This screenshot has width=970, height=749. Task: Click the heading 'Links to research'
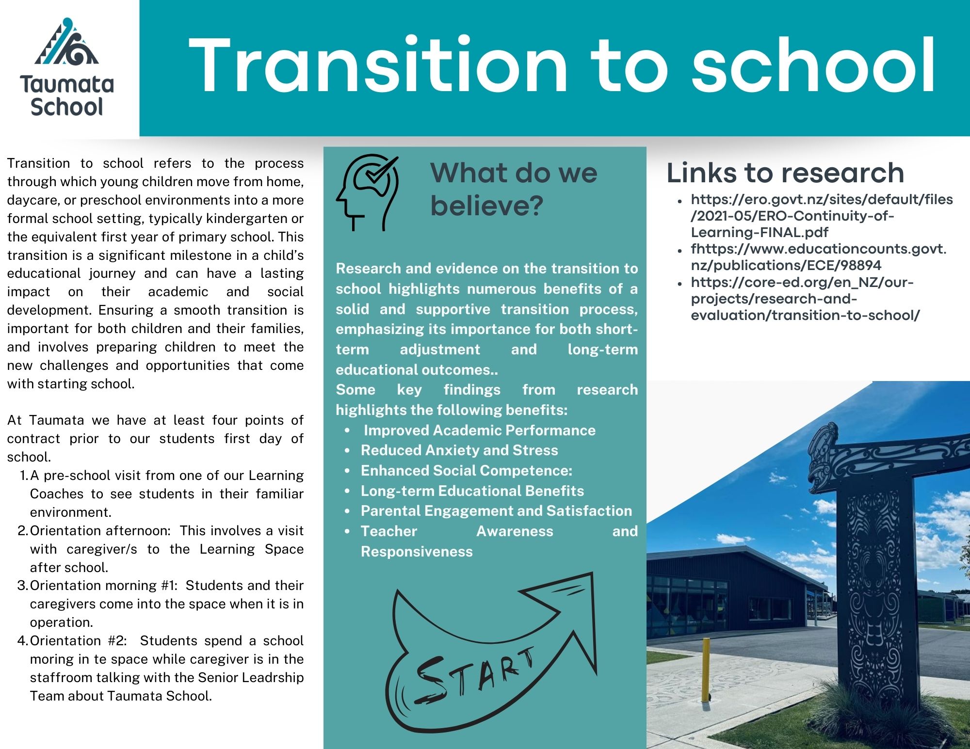tap(785, 173)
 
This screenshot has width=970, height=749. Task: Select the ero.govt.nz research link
tap(821, 216)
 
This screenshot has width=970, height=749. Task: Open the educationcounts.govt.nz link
tap(818, 257)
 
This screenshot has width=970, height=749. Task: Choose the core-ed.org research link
tap(805, 299)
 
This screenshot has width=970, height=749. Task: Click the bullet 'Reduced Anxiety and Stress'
tap(459, 450)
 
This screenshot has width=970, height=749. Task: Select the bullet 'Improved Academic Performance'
tap(479, 430)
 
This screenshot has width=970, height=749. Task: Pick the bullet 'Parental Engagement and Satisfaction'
tap(496, 511)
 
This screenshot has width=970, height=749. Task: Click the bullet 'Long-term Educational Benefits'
tap(472, 491)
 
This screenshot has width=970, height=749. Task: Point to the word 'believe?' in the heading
tap(486, 206)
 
